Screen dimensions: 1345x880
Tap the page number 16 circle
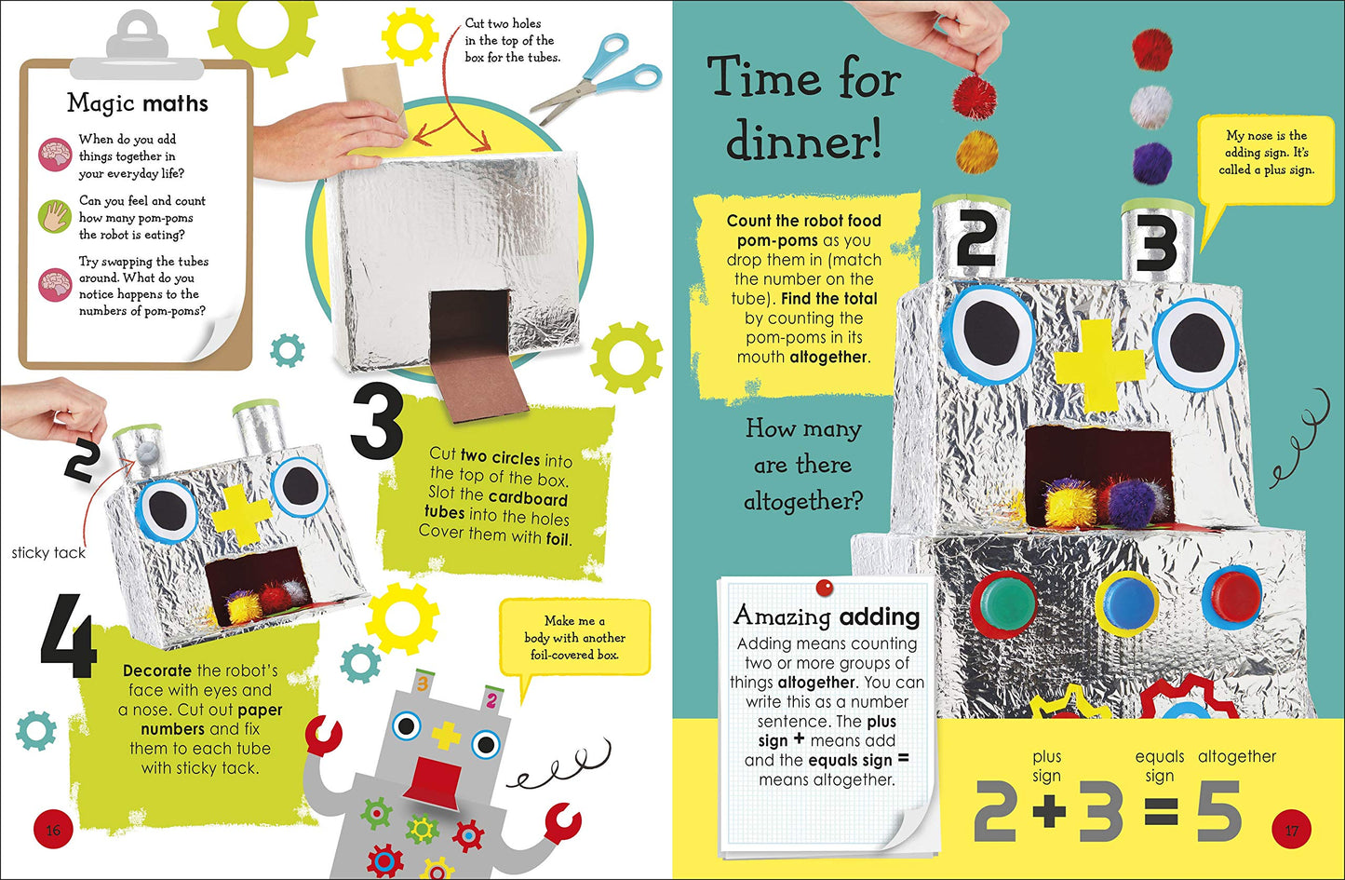pos(53,830)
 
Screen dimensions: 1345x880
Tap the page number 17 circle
pos(1292,830)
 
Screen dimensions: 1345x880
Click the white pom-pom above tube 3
pos(1151,107)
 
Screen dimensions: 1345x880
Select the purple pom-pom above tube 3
pos(1152,162)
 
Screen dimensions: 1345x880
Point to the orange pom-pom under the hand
pos(976,152)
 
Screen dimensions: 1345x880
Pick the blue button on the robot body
pos(1127,602)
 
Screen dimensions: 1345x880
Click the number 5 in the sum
pos(1218,810)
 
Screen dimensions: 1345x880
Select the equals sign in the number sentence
pos(1160,811)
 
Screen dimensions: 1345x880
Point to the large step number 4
pos(69,636)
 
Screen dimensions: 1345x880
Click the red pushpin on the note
pos(825,588)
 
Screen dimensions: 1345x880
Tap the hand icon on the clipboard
pos(55,216)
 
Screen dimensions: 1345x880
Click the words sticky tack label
pos(48,552)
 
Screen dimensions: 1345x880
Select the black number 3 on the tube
pos(1156,243)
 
